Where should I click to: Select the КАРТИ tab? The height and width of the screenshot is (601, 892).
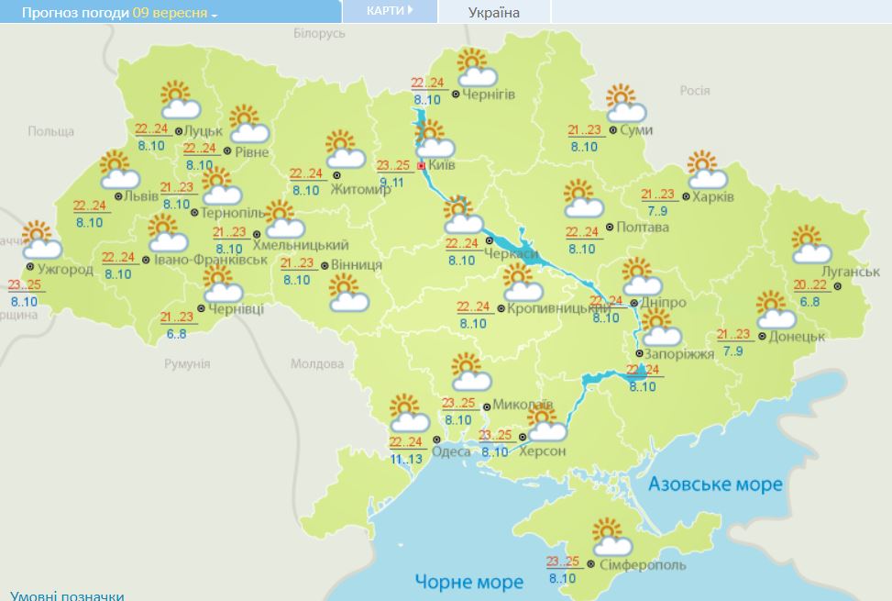(x=389, y=10)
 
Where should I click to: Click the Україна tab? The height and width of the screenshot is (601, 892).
(x=493, y=12)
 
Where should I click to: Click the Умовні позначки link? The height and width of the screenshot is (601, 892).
(x=67, y=595)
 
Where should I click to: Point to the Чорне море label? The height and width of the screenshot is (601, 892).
(x=468, y=582)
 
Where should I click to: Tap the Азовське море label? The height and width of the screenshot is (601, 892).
(x=715, y=484)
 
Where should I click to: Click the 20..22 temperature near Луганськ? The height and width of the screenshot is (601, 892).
(x=810, y=284)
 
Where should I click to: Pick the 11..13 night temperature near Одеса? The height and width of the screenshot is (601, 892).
(x=406, y=459)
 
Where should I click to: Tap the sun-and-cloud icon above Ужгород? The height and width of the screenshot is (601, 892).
(x=39, y=240)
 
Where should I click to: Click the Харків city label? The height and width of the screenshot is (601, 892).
(x=713, y=195)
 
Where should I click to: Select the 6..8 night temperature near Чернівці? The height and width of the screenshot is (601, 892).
(x=178, y=334)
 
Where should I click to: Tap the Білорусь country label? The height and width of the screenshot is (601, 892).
(x=319, y=33)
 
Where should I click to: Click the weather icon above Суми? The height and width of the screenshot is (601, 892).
(x=624, y=104)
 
